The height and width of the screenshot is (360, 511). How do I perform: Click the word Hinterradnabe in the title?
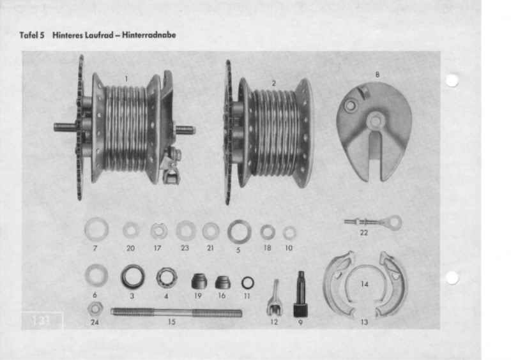pos(149,35)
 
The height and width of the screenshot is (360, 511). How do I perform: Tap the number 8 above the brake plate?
pos(378,75)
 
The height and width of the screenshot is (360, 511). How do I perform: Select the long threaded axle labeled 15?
pos(176,313)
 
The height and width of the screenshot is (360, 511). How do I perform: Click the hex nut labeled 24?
pos(95,308)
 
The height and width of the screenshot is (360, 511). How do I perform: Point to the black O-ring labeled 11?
pos(248,283)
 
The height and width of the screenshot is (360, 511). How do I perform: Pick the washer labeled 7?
pos(96,229)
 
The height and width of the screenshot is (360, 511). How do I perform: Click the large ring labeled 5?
pos(239,232)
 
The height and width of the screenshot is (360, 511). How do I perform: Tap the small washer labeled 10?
pos(289,233)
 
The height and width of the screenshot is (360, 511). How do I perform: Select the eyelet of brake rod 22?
pos(393,222)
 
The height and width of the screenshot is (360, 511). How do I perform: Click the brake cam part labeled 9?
pos(300,294)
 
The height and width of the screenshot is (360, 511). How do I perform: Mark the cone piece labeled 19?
pos(199,281)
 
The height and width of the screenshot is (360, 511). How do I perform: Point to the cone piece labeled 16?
pos(222,283)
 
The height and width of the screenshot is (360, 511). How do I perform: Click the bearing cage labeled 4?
pos(167,278)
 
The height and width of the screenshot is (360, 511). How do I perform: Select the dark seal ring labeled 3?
pos(133,276)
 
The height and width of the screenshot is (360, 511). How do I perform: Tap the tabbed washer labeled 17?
pos(159,230)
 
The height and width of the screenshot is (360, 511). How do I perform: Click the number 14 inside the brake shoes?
pos(364,284)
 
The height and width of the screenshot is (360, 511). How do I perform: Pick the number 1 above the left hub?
pos(126,79)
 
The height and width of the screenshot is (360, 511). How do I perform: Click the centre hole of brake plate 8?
pos(376,121)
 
